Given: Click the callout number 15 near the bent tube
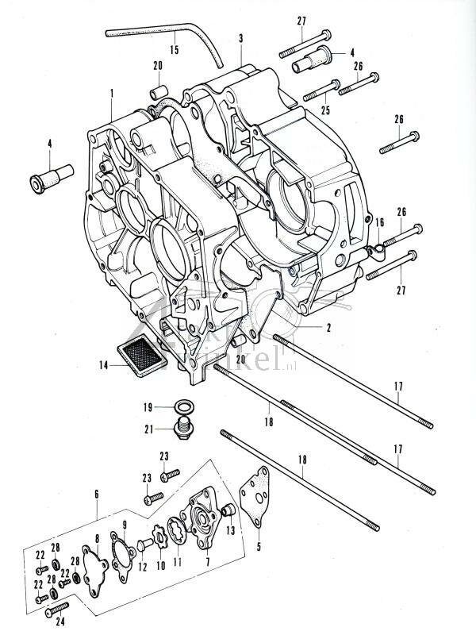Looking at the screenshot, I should tap(174, 49).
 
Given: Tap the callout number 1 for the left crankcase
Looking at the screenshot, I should tap(113, 94).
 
